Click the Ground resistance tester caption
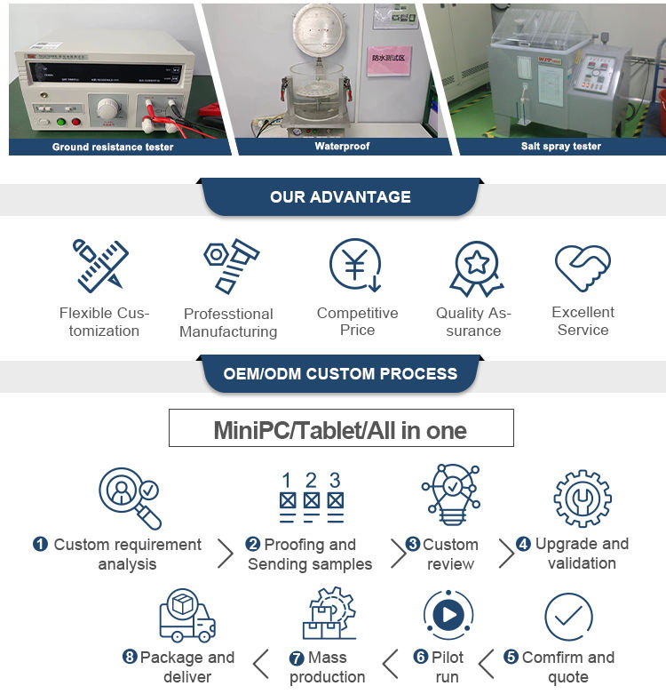(x=113, y=147)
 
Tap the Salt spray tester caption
(x=560, y=146)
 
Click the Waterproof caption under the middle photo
(x=342, y=146)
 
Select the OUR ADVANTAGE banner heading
(x=341, y=197)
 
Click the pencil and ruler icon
(x=99, y=266)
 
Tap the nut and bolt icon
(x=230, y=266)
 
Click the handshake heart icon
(x=583, y=267)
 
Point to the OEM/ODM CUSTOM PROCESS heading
(x=341, y=373)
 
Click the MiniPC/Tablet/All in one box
(x=341, y=428)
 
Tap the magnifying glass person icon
(x=130, y=498)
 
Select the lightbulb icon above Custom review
(x=451, y=496)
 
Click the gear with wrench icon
(x=582, y=499)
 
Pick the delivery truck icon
(x=186, y=615)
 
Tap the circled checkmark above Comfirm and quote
(x=568, y=617)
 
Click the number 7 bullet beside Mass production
(x=297, y=658)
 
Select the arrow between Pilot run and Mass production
(x=390, y=664)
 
